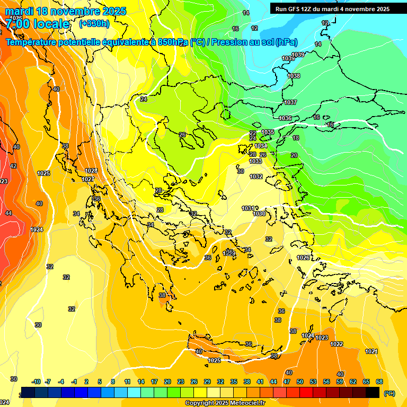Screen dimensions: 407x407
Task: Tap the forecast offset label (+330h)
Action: click(x=94, y=24)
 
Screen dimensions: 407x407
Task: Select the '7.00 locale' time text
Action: click(x=38, y=24)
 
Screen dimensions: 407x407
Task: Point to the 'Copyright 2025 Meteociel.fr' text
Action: click(x=224, y=403)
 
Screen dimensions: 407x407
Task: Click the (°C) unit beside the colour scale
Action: click(x=389, y=393)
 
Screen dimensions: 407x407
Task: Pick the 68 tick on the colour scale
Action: click(x=379, y=382)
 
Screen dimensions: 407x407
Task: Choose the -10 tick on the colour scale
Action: click(x=36, y=382)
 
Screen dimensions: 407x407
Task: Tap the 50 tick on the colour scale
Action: click(x=300, y=382)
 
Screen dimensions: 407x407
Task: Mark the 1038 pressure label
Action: click(x=294, y=76)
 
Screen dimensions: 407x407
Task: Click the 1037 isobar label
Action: click(x=290, y=102)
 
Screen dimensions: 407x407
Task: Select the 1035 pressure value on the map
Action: click(x=268, y=132)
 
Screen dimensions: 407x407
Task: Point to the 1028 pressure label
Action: click(x=91, y=171)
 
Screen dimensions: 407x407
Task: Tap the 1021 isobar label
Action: click(x=371, y=351)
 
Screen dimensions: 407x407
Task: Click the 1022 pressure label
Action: click(x=337, y=344)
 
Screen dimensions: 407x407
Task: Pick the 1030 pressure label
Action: click(x=259, y=214)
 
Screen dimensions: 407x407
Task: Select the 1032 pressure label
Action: click(x=256, y=176)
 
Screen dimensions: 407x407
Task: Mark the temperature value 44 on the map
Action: click(x=8, y=213)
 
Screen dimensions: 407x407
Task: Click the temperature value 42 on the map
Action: click(x=13, y=166)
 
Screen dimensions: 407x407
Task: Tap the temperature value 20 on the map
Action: click(x=294, y=155)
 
